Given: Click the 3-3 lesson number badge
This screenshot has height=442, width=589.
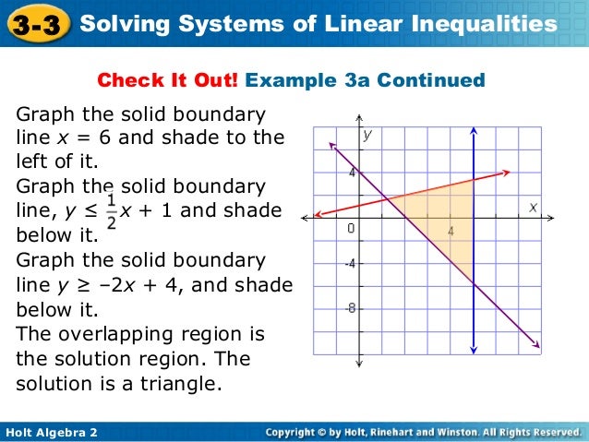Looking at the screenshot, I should [x=37, y=24].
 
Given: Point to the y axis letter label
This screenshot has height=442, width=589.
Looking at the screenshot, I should [x=367, y=135].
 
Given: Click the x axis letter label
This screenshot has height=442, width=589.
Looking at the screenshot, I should [x=533, y=208].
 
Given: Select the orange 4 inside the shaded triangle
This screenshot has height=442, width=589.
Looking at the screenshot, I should [x=451, y=232].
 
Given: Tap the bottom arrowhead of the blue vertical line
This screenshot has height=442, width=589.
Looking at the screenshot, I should [x=473, y=350].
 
